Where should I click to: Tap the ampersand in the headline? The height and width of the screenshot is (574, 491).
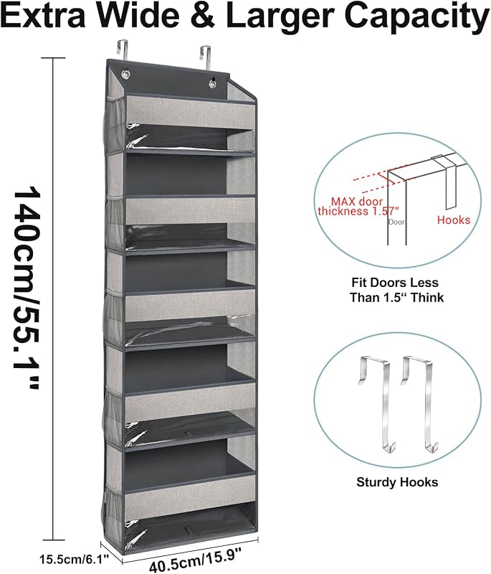click(x=202, y=14)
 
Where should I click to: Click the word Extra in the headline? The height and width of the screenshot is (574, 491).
click(x=44, y=14)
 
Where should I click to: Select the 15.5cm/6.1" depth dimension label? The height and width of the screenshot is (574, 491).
click(x=75, y=559)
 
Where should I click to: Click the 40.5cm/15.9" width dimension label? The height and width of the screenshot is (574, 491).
click(x=196, y=558)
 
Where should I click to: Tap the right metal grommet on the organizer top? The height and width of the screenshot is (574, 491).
click(x=212, y=84)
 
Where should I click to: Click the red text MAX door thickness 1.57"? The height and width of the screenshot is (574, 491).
click(x=358, y=207)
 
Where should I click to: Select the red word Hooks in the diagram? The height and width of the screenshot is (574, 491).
click(x=454, y=220)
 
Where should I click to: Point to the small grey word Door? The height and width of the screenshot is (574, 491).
click(x=396, y=222)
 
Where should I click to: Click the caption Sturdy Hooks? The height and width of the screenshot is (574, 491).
click(x=397, y=482)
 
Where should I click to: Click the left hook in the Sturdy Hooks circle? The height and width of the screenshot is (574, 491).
click(x=376, y=403)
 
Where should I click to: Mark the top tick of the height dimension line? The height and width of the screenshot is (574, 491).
click(x=53, y=58)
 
